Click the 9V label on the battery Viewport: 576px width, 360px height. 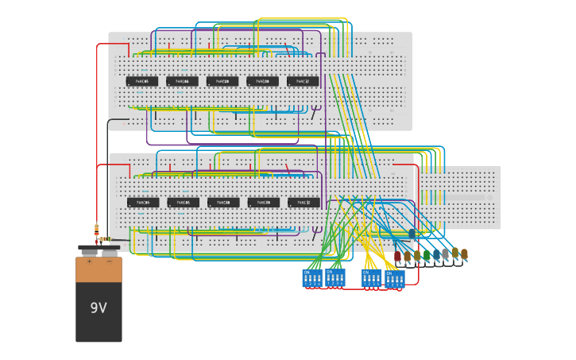click(99, 308)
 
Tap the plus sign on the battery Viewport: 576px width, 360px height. click(89, 261)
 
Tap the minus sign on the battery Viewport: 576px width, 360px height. click(109, 261)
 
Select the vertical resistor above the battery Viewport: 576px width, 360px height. click(97, 230)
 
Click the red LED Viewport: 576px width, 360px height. click(398, 256)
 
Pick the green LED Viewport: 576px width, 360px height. click(427, 255)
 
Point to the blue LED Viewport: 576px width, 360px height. click(436, 255)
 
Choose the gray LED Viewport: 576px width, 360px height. click(446, 254)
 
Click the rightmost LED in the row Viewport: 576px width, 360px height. click(464, 254)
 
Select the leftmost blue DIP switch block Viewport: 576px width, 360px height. click(311, 278)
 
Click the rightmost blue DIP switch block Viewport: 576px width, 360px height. click(395, 278)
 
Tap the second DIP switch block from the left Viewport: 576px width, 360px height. click(335, 277)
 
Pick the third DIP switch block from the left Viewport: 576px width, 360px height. click(371, 278)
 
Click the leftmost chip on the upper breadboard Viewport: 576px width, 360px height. click(142, 81)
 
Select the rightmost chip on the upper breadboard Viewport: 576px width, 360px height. click(303, 81)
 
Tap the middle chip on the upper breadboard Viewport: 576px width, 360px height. click(222, 81)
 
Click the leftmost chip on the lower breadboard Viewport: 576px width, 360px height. click(143, 203)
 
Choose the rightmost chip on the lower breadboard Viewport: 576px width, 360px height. click(303, 203)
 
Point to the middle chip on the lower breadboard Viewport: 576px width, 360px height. click(223, 203)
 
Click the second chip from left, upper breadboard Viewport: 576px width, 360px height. click(182, 81)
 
